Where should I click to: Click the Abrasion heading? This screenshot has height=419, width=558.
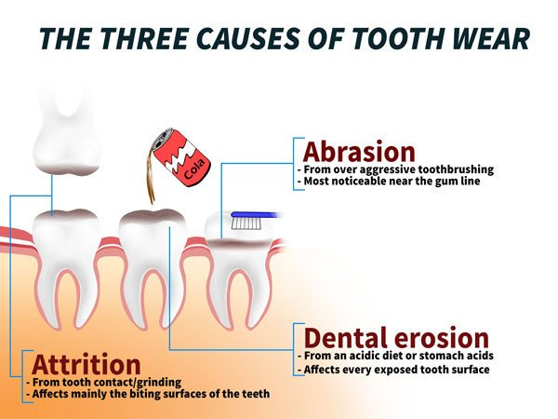point(359,152)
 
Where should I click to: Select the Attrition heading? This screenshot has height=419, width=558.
point(86,364)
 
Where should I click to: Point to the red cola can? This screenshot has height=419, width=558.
point(180,157)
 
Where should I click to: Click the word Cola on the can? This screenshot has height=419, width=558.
point(194,169)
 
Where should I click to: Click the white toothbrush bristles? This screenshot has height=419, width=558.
point(247,223)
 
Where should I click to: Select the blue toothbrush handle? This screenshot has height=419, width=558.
point(257,215)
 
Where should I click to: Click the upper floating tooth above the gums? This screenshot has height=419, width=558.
point(66,135)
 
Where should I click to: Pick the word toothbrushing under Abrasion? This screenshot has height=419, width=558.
point(456,169)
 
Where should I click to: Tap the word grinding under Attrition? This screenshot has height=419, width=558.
point(159,383)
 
